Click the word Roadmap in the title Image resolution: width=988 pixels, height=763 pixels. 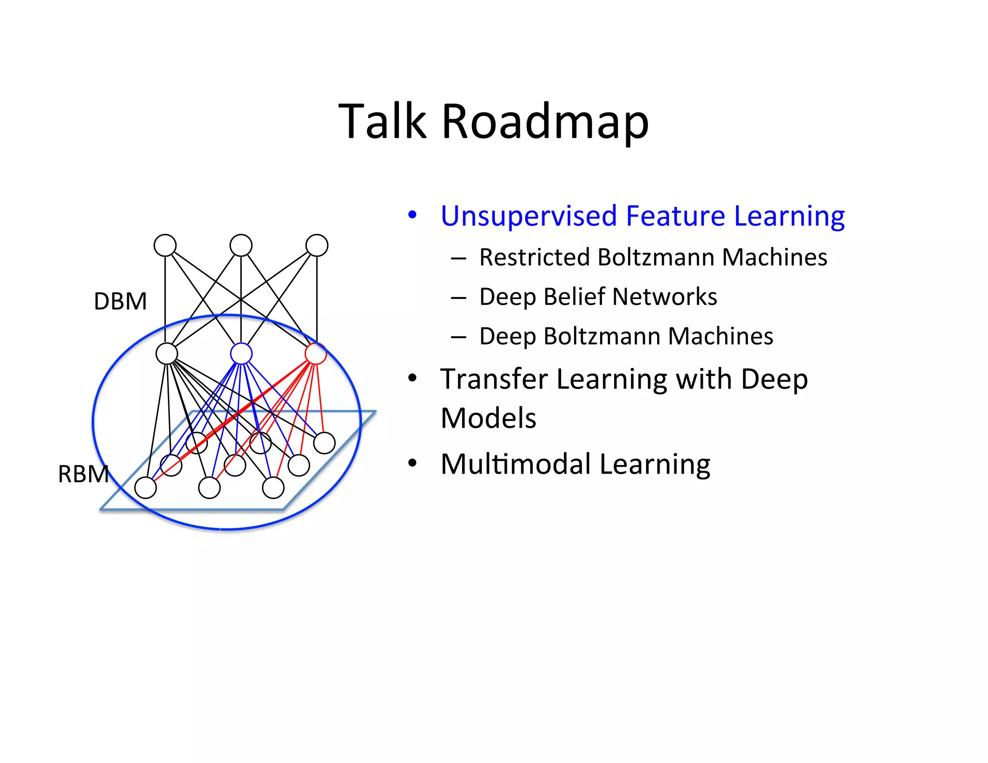click(545, 122)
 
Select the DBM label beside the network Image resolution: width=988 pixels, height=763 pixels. click(120, 301)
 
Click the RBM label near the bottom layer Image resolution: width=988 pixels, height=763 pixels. click(83, 474)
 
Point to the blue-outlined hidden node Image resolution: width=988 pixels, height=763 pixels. click(241, 354)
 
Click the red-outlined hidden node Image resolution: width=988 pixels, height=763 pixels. click(316, 354)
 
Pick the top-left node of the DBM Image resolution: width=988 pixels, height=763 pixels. click(165, 245)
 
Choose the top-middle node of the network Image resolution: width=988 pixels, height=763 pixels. click(241, 245)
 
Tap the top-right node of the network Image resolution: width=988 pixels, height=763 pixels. click(317, 245)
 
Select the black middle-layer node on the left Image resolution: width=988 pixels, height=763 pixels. click(167, 354)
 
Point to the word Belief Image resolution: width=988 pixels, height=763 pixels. click(575, 297)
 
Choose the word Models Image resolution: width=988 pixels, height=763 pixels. click(488, 418)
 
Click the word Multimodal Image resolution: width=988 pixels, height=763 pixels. click(515, 464)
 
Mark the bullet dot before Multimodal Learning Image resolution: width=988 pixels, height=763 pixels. click(412, 463)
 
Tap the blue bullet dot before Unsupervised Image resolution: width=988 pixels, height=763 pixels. click(412, 215)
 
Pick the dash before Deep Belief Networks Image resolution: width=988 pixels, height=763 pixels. click(458, 298)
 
